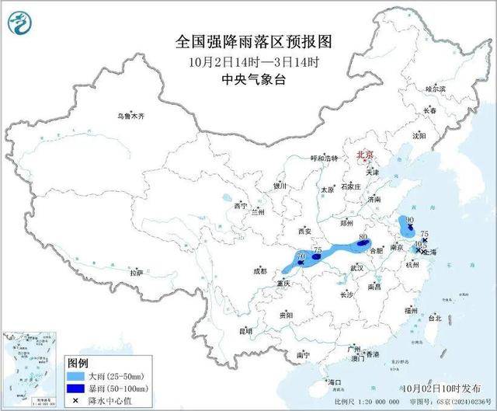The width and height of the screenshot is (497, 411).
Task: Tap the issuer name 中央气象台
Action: (x=248, y=78)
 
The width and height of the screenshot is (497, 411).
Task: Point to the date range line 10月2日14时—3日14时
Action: (x=248, y=61)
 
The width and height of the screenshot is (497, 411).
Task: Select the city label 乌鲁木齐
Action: (x=131, y=116)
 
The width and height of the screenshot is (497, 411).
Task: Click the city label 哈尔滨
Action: (x=436, y=89)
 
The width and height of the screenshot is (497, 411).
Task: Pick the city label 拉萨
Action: (x=137, y=273)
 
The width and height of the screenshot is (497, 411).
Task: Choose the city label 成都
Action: (x=259, y=271)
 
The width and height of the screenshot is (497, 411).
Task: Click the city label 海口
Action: (x=335, y=382)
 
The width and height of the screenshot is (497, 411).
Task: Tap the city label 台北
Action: (x=434, y=318)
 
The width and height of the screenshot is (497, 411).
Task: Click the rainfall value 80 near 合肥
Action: (x=363, y=237)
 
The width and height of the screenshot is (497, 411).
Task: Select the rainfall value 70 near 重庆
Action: (x=301, y=256)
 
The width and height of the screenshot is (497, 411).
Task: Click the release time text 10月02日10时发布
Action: (x=440, y=386)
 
